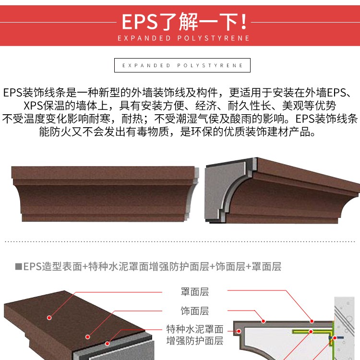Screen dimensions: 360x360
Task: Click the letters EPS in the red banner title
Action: tap(140, 22)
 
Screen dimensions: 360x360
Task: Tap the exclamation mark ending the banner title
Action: tap(244, 22)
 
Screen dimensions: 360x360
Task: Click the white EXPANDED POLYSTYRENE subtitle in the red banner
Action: tap(183, 38)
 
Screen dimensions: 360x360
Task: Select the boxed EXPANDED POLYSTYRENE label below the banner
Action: tap(182, 65)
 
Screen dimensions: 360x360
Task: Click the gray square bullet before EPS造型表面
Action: tap(18, 266)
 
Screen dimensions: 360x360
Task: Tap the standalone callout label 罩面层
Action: tap(195, 292)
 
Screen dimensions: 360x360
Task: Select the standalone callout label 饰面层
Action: tap(195, 311)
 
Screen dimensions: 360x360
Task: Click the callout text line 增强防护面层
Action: tap(195, 341)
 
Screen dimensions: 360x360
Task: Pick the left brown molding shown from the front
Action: tap(105, 193)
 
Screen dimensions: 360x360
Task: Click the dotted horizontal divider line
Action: tap(180, 241)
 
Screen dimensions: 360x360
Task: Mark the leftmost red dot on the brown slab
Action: tap(49, 318)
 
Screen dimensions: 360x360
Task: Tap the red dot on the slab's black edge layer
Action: tap(107, 344)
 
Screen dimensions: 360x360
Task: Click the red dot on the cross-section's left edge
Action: tap(239, 331)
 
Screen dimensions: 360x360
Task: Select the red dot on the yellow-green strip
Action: tap(311, 332)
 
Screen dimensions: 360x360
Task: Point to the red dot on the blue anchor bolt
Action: tap(335, 338)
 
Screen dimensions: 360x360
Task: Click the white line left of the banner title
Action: tap(58, 22)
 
